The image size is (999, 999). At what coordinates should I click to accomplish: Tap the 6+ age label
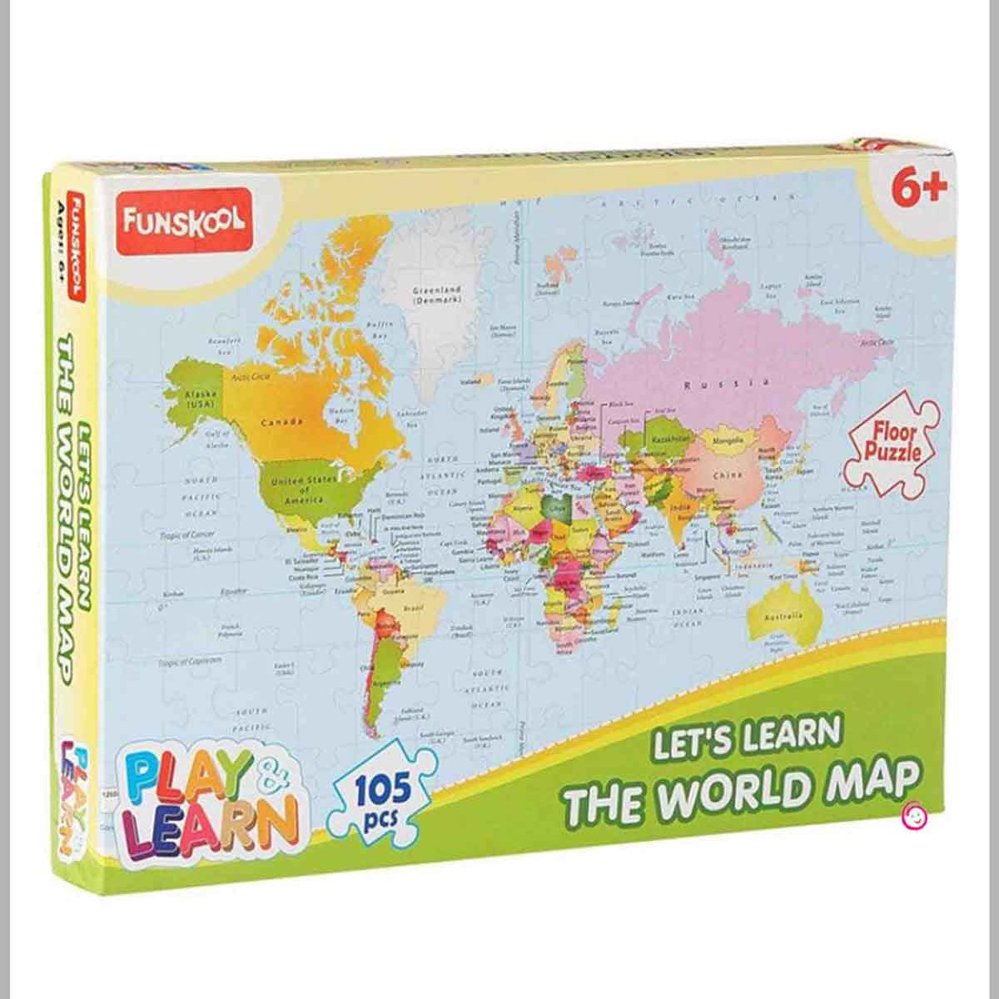(x=920, y=188)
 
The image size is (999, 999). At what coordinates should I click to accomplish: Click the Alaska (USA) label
(x=200, y=397)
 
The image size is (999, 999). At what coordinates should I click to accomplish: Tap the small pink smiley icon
(x=914, y=814)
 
